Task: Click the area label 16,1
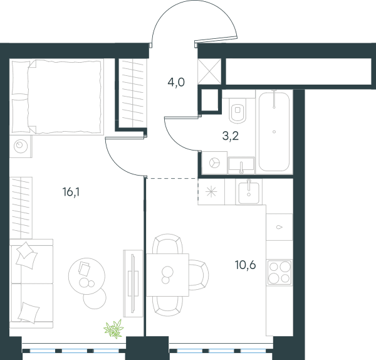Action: coord(71,193)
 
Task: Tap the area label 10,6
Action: coord(245,265)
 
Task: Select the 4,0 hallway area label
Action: coord(176,83)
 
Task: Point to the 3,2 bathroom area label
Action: coord(231,136)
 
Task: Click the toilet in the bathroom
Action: coord(238,109)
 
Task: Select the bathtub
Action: coord(274,132)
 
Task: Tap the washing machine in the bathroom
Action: coord(214,163)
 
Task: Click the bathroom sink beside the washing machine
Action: coord(241,165)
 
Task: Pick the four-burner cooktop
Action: coord(279,273)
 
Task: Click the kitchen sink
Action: coord(249,193)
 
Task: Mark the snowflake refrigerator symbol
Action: coord(211,192)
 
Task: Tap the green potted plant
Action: coord(113,329)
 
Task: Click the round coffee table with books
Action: coord(87,276)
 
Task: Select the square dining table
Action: coord(167,275)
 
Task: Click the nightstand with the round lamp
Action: coord(21,146)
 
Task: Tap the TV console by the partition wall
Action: coord(133,283)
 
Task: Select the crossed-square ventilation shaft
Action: coord(209,71)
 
